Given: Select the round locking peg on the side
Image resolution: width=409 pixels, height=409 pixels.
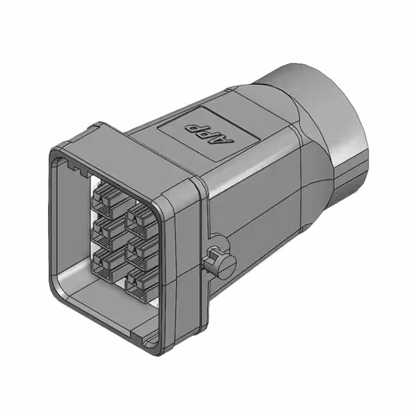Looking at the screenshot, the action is (x=219, y=263).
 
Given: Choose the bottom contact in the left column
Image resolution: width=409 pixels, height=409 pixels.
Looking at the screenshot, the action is (x=109, y=263).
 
